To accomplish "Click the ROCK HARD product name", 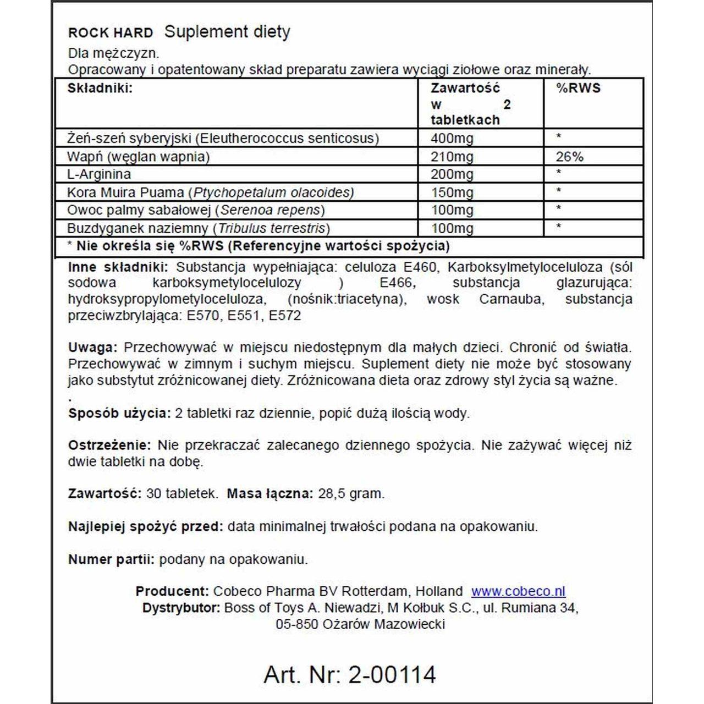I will click(110, 33).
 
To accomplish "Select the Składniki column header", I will click(100, 89).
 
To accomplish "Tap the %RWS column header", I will click(578, 89).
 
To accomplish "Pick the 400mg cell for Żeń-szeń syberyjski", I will click(452, 138).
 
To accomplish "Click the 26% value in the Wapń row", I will click(569, 157).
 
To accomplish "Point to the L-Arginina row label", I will click(99, 174).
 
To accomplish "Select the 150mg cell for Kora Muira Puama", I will click(452, 193).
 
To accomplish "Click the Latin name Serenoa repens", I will click(269, 210).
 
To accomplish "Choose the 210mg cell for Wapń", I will click(452, 157).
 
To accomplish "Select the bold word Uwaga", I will click(92, 348).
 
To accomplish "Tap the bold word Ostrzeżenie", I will click(109, 446).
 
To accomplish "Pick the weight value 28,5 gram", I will click(351, 494).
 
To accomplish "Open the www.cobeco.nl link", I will click(518, 592).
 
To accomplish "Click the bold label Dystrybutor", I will click(181, 608).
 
